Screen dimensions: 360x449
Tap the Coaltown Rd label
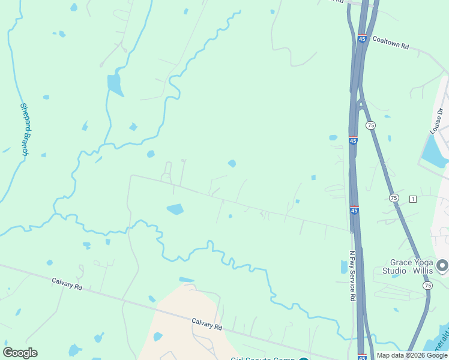tap(390, 43)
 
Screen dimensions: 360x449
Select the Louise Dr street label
tap(436, 120)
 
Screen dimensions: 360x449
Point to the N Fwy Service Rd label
tap(353, 276)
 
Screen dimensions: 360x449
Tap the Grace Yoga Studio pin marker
tap(442, 265)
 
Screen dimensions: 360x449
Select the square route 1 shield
tap(413, 199)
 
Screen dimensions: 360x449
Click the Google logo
tap(20, 353)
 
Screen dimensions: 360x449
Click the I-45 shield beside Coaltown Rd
tap(361, 38)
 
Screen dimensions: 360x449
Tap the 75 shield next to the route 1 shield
tap(394, 197)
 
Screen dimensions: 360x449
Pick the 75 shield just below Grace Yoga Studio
tap(427, 286)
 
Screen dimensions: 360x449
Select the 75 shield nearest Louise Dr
tap(370, 125)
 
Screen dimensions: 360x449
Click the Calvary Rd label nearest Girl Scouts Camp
tap(207, 324)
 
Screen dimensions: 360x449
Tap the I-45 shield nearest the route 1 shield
tap(354, 211)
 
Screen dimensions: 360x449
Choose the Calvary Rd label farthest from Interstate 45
tap(67, 283)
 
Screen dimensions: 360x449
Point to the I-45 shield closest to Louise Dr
tap(353, 140)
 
